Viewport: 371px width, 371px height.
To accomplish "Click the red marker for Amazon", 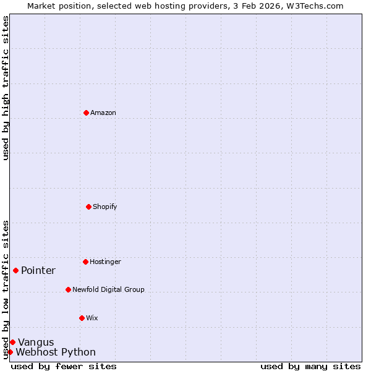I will (86, 113).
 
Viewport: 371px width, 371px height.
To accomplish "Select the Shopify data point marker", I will (88, 207).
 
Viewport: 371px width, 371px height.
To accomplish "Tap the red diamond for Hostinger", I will (85, 262).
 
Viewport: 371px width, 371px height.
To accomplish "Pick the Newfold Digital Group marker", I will (68, 289).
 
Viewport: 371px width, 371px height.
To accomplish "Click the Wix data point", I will (82, 318).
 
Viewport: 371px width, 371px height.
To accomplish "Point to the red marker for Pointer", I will (15, 270).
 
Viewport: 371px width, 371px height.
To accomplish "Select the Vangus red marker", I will (12, 342).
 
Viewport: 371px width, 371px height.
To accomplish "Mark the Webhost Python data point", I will (10, 352).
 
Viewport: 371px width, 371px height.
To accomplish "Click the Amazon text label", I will (103, 113).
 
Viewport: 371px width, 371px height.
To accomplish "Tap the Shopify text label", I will (105, 207).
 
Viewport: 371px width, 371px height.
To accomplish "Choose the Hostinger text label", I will (105, 262).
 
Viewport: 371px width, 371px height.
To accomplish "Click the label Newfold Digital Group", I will (108, 289).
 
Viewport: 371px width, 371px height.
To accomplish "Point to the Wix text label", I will (92, 318).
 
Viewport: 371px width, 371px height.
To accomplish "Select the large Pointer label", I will (38, 270).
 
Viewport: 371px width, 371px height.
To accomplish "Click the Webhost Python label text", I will (56, 352).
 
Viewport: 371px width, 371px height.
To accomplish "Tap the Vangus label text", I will (36, 342).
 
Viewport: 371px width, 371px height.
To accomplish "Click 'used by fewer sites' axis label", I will (64, 366).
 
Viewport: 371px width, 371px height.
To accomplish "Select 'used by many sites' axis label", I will (310, 366).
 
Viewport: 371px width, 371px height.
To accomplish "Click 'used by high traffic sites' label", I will (6, 88).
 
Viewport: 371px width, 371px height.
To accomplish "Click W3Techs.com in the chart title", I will (314, 6).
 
